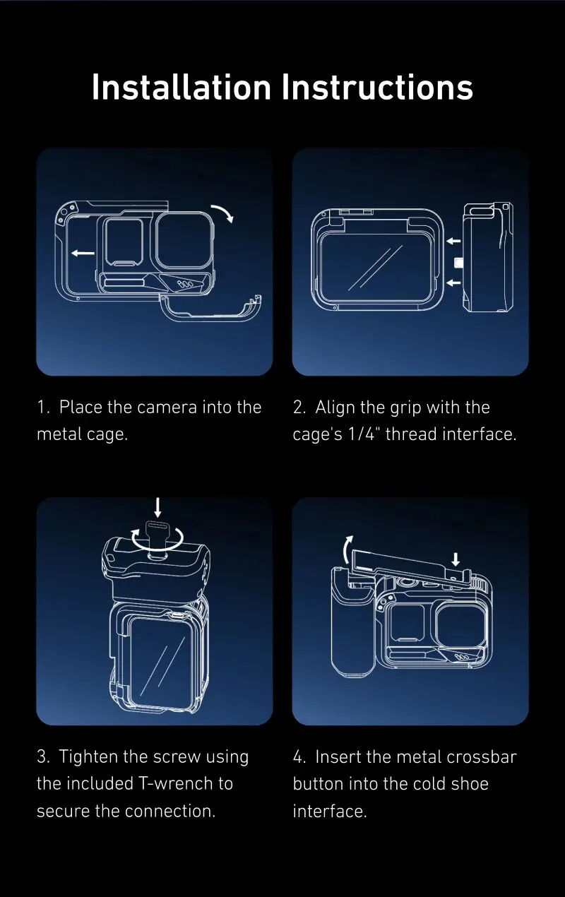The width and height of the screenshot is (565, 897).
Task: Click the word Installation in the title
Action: click(182, 87)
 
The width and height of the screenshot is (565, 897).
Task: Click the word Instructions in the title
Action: click(378, 87)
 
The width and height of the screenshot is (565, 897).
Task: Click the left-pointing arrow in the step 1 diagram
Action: click(83, 253)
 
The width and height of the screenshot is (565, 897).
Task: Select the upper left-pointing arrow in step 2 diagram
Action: click(453, 241)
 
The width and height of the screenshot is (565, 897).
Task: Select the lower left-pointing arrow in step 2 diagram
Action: click(453, 283)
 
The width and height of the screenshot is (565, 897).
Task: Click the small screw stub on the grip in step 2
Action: click(458, 263)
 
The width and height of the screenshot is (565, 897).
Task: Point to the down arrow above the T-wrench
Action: click(157, 507)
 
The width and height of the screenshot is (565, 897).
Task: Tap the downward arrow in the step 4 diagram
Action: click(456, 559)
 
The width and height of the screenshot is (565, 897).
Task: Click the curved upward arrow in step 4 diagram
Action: click(348, 549)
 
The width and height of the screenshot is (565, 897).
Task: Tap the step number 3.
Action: click(42, 757)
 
